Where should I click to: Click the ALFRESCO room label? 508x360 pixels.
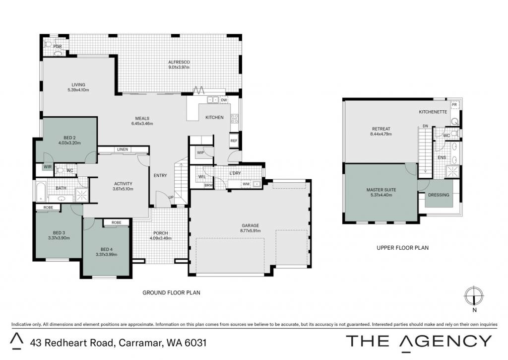179,62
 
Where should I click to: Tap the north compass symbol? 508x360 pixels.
474,296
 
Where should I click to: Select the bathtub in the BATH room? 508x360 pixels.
41,192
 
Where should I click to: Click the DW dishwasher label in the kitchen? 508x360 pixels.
224,100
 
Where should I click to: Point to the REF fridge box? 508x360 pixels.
234,141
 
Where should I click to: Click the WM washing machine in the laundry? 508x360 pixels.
246,184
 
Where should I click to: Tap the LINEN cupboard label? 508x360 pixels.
123,149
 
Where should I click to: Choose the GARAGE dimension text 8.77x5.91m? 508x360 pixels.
251,230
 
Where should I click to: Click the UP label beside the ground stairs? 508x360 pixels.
171,197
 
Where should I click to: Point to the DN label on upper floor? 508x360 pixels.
425,126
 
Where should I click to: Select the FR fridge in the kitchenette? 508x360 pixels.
454,105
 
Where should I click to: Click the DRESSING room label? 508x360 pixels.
439,195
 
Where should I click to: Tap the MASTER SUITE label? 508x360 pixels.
381,190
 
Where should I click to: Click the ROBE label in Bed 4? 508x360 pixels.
116,222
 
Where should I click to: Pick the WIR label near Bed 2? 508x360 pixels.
48,167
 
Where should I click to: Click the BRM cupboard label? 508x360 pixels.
209,186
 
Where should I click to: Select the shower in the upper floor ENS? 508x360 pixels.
452,171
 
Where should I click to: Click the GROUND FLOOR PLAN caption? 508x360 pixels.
171,292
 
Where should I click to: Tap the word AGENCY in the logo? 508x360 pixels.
445,341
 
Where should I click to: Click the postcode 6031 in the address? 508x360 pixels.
195,343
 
